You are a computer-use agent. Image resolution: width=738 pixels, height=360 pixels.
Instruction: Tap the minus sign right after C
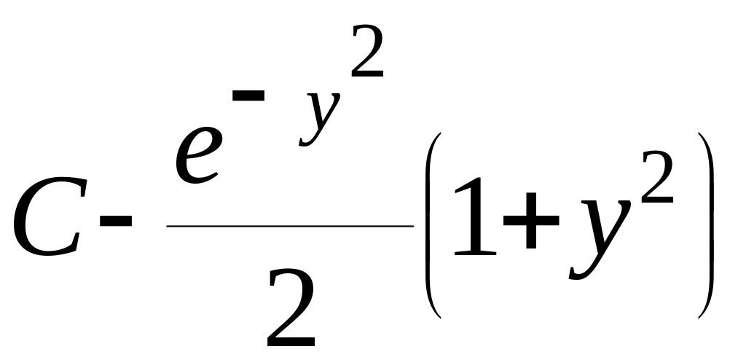click(117, 219)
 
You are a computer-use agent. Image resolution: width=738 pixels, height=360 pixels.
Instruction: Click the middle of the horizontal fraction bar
click(290, 226)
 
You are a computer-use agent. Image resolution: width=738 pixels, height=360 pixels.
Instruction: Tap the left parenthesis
click(431, 226)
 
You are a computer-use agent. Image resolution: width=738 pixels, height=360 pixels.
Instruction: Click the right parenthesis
click(705, 226)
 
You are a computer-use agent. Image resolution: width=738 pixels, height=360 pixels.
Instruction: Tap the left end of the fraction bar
click(168, 226)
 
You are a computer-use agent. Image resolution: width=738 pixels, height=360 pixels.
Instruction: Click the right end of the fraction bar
click(412, 226)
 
